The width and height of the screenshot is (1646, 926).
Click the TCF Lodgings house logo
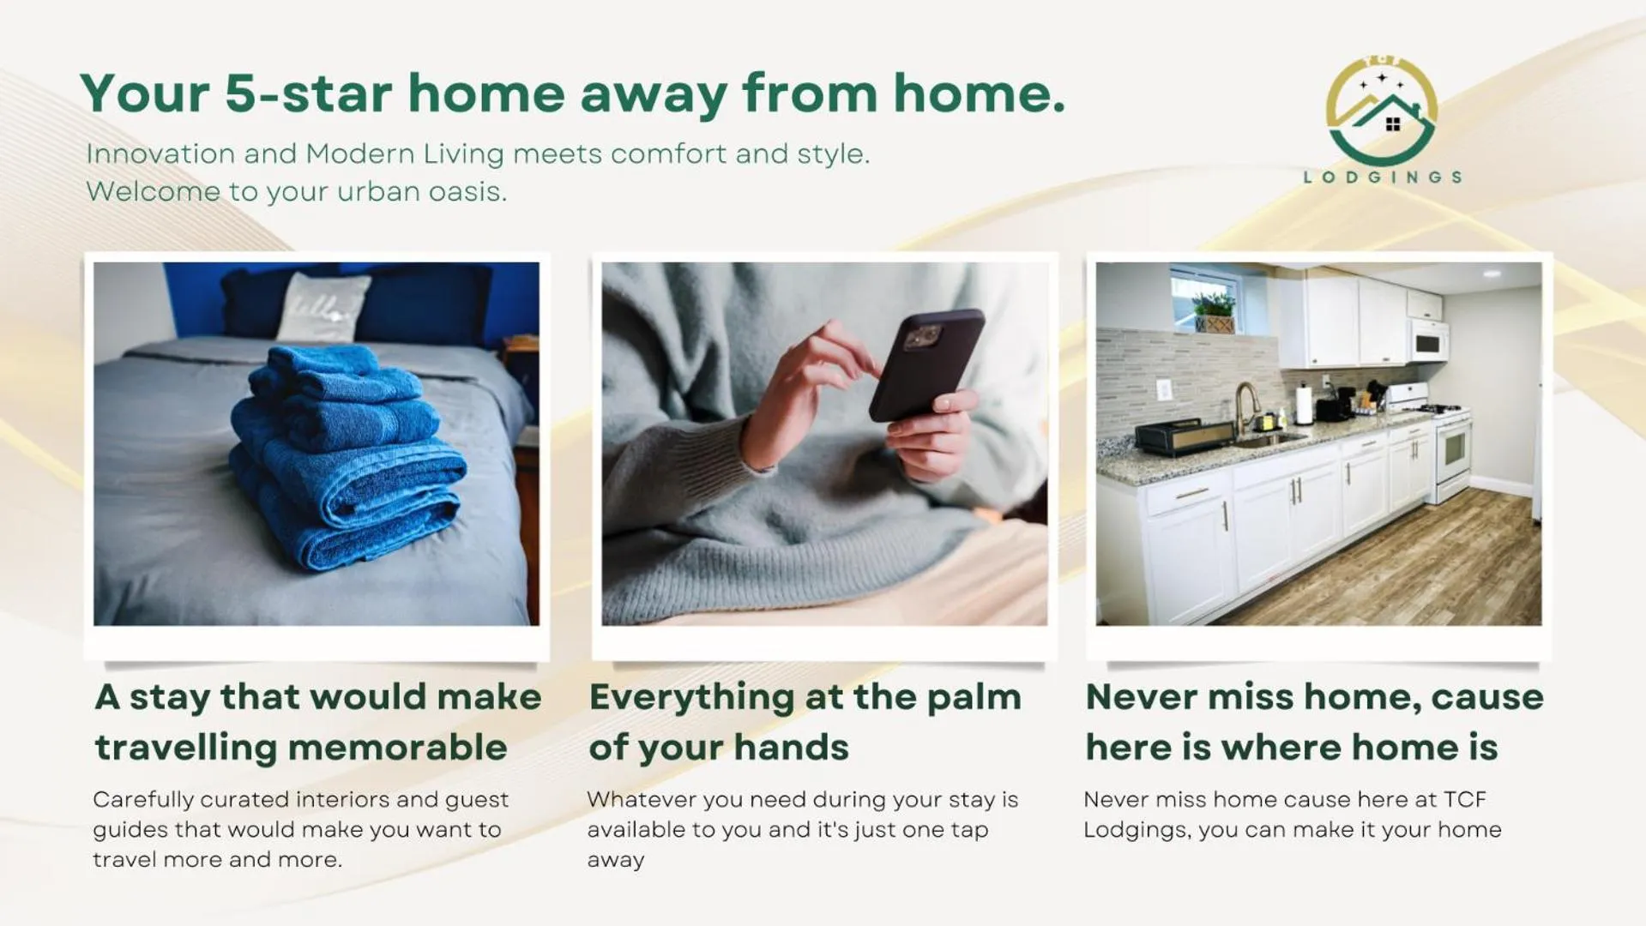[x=1381, y=111]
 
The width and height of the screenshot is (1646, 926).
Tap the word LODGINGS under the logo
[x=1382, y=177]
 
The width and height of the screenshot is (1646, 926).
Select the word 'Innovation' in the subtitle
[x=160, y=153]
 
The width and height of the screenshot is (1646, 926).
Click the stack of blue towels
[x=347, y=454]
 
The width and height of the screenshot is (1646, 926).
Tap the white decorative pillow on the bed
[x=323, y=307]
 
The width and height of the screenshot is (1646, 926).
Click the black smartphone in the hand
[x=926, y=364]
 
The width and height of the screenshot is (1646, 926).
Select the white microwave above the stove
[x=1428, y=340]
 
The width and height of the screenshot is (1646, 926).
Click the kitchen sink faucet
[x=1245, y=406]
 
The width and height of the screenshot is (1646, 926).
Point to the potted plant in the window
[x=1215, y=312]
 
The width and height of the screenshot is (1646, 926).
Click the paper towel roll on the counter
[x=1304, y=405]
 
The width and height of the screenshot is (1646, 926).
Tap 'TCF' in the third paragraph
[x=1465, y=799]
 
